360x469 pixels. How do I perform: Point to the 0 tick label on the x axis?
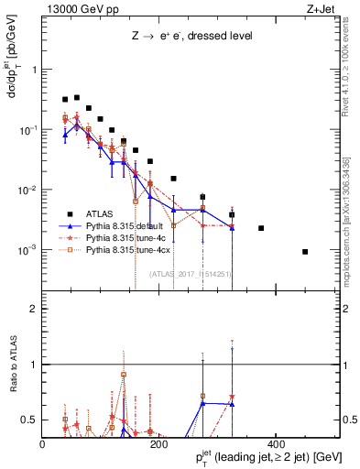point(43,445)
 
